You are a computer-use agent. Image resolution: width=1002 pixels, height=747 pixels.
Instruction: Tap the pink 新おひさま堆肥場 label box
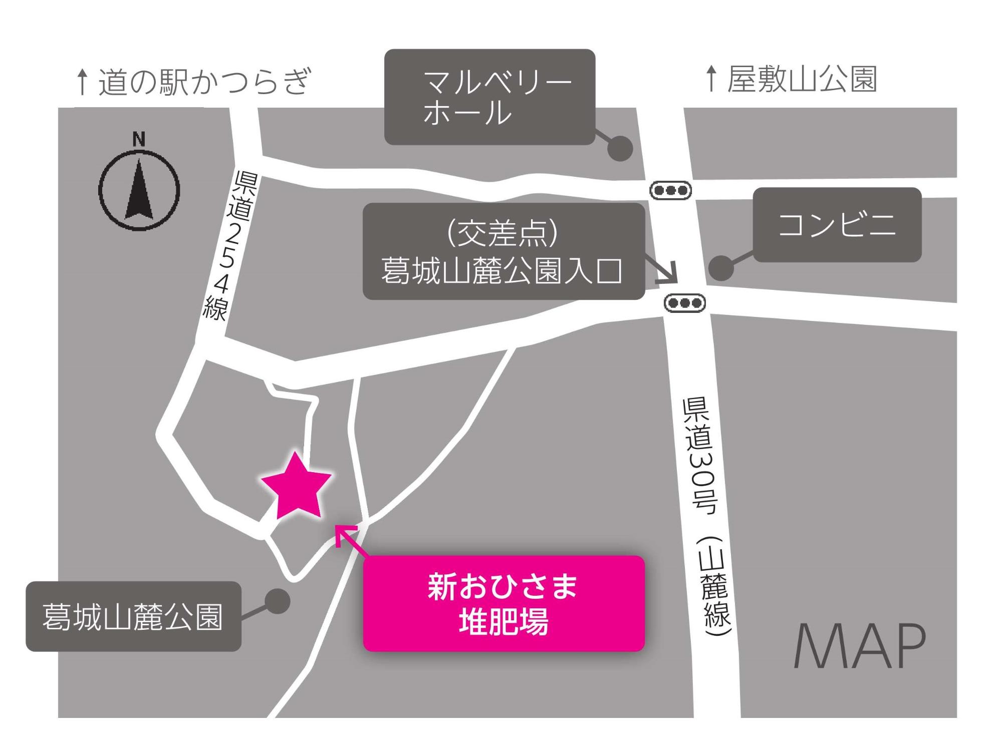[x=504, y=603]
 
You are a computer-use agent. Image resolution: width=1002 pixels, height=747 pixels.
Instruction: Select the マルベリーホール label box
[x=489, y=97]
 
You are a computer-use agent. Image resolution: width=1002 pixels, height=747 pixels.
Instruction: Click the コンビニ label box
[x=837, y=225]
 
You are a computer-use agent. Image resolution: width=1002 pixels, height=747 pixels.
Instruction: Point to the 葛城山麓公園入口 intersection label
[x=503, y=251]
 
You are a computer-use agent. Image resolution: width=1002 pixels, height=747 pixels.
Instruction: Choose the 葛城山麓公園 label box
[x=133, y=616]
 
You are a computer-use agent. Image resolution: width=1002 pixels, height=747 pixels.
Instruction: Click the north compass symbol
[x=139, y=191]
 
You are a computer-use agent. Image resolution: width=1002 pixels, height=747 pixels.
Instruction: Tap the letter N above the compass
[x=139, y=139]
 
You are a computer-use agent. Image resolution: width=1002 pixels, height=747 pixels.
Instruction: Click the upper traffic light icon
[x=670, y=190]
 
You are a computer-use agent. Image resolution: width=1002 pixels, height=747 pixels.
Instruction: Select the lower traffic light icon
[x=684, y=303]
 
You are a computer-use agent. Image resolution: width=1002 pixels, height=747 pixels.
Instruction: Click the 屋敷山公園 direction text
[x=802, y=79]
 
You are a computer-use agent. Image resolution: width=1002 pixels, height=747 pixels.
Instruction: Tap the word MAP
[x=859, y=646]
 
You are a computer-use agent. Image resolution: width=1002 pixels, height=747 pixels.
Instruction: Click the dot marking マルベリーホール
[x=620, y=148]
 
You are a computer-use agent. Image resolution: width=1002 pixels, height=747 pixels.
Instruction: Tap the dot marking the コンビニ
[x=721, y=268]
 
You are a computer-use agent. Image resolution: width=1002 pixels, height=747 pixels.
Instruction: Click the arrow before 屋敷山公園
[x=710, y=79]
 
